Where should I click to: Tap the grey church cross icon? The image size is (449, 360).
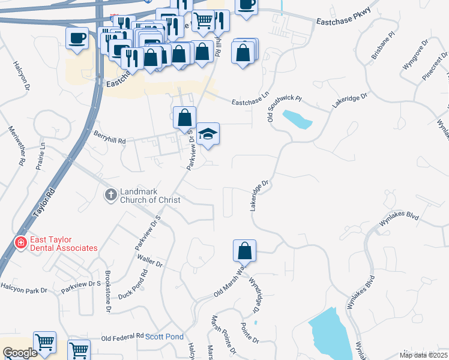[x=110, y=194]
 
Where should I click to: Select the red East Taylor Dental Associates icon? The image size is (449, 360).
[x=19, y=243]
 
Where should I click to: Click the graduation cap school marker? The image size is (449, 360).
[x=208, y=133]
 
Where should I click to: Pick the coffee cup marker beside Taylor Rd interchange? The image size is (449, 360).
[x=77, y=38]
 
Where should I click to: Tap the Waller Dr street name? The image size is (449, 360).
[x=150, y=263]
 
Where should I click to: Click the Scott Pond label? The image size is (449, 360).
[x=164, y=337]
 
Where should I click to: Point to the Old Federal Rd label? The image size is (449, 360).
[x=122, y=337]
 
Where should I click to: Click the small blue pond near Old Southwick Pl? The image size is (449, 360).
[x=297, y=119]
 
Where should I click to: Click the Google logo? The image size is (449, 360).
[x=20, y=353]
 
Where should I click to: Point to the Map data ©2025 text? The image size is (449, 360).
[x=423, y=355]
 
